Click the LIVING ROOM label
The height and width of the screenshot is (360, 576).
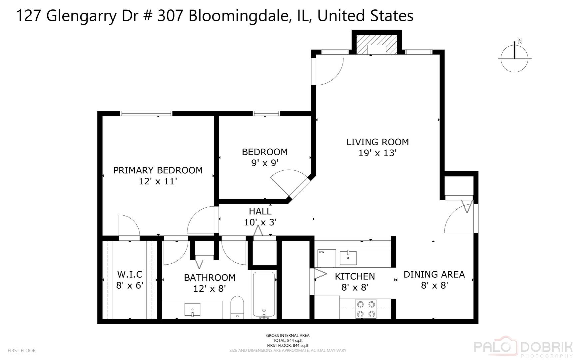click(377, 142)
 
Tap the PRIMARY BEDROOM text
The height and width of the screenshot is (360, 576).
click(158, 170)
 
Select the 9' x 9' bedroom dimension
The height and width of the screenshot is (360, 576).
click(265, 163)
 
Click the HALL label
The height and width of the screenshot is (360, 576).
click(260, 211)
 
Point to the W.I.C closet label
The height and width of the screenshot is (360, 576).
click(130, 274)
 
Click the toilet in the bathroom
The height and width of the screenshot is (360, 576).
click(237, 307)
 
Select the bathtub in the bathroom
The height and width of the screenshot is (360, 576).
click(264, 295)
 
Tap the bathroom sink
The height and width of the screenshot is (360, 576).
click(193, 309)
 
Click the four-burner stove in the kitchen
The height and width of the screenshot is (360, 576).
click(366, 309)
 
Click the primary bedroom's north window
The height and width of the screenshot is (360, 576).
click(146, 113)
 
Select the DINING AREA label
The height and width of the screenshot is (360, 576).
click(434, 274)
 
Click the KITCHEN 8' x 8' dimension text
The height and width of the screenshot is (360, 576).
click(354, 287)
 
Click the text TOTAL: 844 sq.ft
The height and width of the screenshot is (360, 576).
click(288, 340)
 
